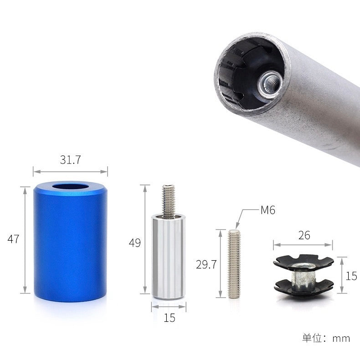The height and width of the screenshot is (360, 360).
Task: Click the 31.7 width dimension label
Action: click(71, 160)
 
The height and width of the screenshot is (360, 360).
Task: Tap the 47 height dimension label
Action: click(13, 239)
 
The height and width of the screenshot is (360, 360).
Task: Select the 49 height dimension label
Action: click(135, 243)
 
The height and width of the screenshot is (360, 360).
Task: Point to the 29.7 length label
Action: click(206, 264)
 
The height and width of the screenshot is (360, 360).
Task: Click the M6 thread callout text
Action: click(267, 210)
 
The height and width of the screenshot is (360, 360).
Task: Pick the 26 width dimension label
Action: click(304, 235)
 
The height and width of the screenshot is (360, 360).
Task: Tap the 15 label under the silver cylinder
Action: click(170, 318)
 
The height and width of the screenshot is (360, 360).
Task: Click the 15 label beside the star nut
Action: click(351, 276)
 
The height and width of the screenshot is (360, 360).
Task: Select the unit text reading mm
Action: click(341, 339)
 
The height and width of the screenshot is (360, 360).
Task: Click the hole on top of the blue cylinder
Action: click(71, 186)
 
